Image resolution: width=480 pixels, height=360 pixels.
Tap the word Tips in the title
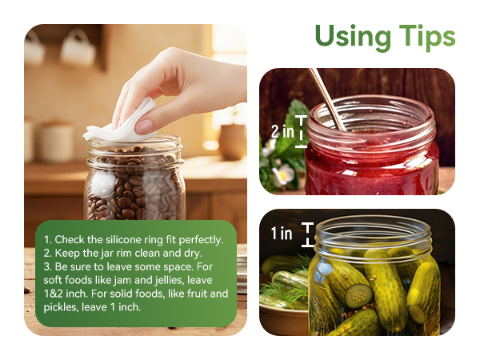click(x=426, y=37)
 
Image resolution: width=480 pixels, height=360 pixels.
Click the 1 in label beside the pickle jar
click(x=281, y=234)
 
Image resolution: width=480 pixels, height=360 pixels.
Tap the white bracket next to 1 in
click(x=306, y=234)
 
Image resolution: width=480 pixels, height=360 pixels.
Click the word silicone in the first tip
click(x=136, y=239)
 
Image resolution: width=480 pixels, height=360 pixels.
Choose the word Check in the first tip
click(x=70, y=239)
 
